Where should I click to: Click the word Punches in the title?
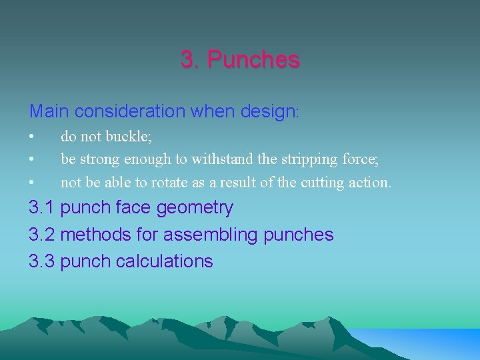tap(253, 60)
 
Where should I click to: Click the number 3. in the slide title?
tap(190, 60)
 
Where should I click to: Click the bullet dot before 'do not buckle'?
tap(31, 137)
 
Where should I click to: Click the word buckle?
tap(132, 137)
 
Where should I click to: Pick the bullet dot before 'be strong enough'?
tap(31, 160)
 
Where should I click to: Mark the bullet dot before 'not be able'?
tap(31, 183)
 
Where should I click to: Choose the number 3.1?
tap(41, 208)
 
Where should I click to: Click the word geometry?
tap(195, 209)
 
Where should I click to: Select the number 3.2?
tap(41, 235)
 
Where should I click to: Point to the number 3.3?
tap(41, 261)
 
